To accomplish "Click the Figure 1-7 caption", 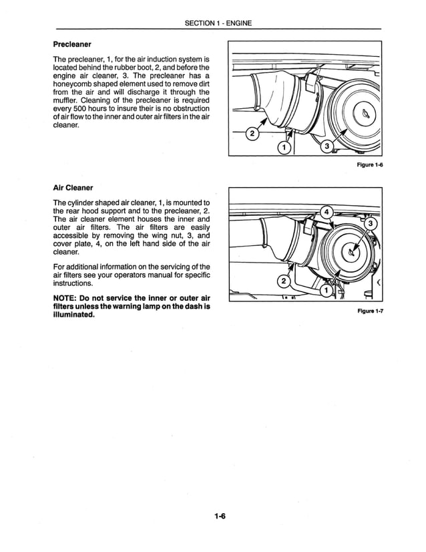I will pyautogui.click(x=367, y=311).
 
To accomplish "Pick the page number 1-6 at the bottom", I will pyautogui.click(x=221, y=515).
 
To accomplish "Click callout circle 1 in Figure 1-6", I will pyautogui.click(x=284, y=147).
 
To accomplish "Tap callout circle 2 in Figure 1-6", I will pyautogui.click(x=252, y=135).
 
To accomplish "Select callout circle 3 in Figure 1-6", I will pyautogui.click(x=327, y=147).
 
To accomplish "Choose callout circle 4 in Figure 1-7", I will pyautogui.click(x=327, y=213).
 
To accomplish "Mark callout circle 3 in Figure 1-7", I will pyautogui.click(x=372, y=223).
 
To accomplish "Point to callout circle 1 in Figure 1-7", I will pyautogui.click(x=325, y=291).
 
